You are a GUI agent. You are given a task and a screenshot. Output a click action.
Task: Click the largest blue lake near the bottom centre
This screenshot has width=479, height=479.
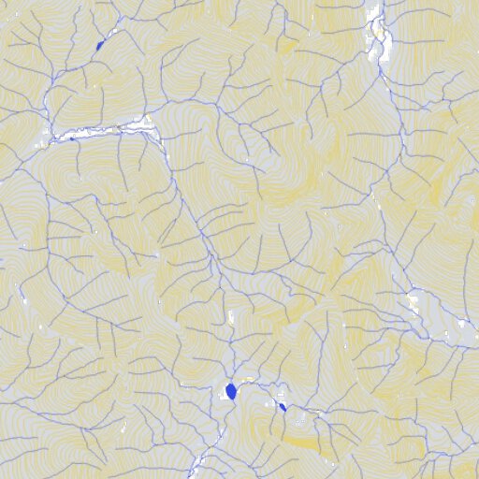230,392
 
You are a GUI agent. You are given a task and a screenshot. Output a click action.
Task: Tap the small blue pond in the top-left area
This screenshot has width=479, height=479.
100,45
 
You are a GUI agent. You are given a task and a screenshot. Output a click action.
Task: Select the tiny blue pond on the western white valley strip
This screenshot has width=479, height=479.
72,139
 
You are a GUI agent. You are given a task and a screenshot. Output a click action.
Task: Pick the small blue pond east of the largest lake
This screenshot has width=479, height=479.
282,406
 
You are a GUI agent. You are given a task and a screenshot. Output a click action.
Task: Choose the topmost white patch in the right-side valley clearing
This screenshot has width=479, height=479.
413,298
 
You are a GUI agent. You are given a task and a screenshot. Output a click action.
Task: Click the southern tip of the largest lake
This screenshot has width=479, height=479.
230,399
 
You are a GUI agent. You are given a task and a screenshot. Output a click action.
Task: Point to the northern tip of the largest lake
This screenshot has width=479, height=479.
230,384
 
